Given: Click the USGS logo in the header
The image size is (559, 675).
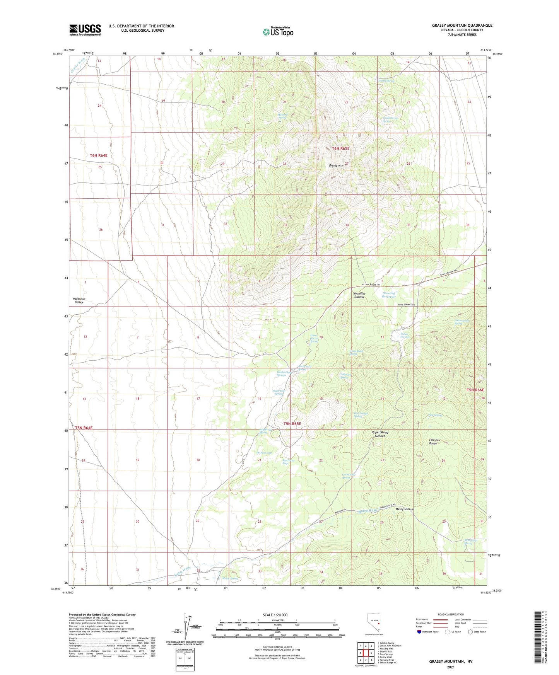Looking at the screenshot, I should tap(85, 30).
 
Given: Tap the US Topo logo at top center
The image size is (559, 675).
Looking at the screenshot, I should tap(278, 32).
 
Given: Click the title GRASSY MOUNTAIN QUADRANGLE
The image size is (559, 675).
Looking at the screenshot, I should tap(462, 26).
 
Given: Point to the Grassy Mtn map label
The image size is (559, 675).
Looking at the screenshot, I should tap(336, 165).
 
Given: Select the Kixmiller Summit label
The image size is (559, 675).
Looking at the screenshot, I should tap(359, 295).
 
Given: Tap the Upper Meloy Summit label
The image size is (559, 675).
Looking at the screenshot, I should tap(380, 434).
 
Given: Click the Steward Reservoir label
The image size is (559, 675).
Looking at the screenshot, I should tap(389, 295).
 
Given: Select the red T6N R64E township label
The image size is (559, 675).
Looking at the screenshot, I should tap(99, 155).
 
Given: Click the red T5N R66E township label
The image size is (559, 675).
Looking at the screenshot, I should tap(475, 390).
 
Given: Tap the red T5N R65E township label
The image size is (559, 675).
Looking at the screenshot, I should tap(292, 424).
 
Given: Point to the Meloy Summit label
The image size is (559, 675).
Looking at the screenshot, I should tap(405, 509).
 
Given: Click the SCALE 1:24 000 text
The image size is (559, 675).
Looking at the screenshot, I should tap(275, 615).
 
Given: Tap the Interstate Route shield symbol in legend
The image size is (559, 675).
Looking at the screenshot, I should tap(419, 632).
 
